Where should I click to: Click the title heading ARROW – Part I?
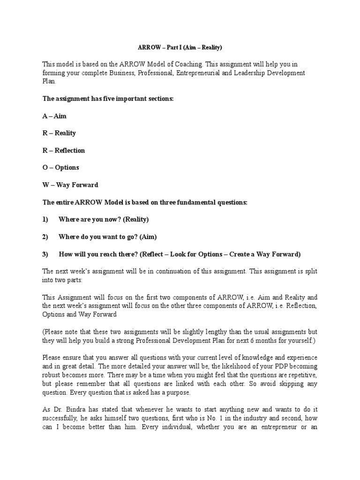coord(180,47)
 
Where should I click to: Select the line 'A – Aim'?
coord(54,116)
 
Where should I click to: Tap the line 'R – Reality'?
coord(59,133)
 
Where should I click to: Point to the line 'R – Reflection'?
coord(64,150)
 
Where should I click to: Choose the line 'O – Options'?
coord(61,167)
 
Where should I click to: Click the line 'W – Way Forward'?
coord(70,185)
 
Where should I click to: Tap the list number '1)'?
coord(45,219)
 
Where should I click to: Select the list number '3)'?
coord(45,254)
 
